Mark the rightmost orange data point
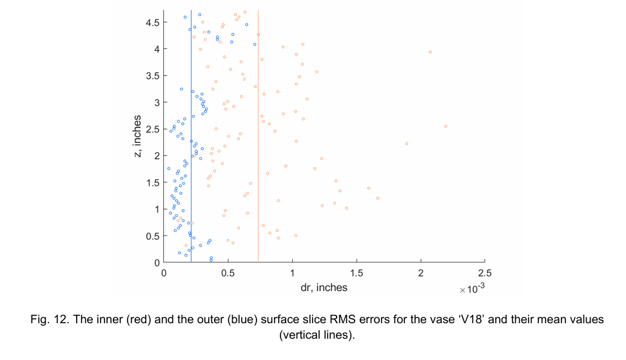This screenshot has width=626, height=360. [x=445, y=126]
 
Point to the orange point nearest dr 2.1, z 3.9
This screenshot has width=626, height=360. [x=430, y=52]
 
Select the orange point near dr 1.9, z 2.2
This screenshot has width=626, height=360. [x=406, y=143]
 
